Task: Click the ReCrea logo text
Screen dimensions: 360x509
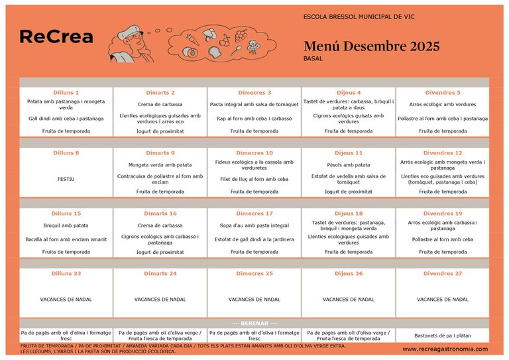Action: tap(56, 38)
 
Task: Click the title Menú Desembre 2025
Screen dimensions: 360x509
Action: tap(371, 46)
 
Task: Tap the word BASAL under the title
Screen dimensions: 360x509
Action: tap(313, 59)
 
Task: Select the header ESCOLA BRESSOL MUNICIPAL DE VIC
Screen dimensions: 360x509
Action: tap(359, 16)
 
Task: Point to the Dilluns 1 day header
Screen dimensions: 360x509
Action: tap(66, 93)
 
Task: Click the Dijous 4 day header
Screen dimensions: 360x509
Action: tap(348, 93)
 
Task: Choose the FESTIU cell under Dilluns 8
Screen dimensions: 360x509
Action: tap(66, 179)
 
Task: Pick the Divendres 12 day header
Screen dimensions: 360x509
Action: tap(443, 153)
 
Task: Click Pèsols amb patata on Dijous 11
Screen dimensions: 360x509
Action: tap(349, 165)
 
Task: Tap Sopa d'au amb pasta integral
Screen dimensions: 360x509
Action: tap(254, 225)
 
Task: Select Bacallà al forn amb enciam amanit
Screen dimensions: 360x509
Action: tap(66, 239)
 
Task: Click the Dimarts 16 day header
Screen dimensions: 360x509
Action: tap(160, 213)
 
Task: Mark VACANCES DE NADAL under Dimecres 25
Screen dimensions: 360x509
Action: tap(254, 300)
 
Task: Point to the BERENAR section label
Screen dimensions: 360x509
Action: tap(254, 323)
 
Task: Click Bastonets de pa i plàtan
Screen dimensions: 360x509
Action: tap(443, 335)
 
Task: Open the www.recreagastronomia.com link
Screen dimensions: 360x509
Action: tap(445, 349)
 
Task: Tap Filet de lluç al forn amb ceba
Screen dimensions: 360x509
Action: tap(254, 179)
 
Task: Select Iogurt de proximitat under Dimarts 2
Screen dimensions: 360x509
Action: tap(160, 131)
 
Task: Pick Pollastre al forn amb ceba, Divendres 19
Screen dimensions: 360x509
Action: tap(443, 239)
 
